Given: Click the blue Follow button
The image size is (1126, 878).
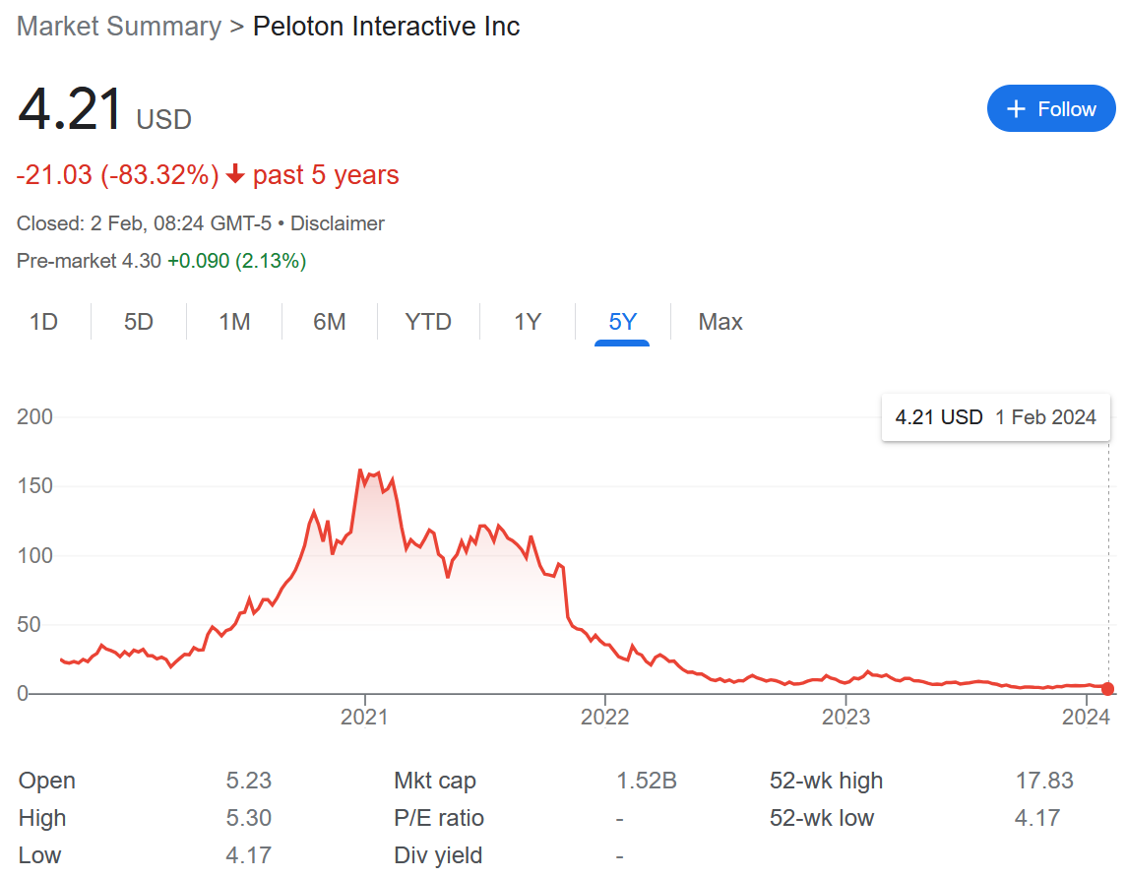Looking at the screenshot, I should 1051,108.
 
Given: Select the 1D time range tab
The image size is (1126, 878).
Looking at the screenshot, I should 43,322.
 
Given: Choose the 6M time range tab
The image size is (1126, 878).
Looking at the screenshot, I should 329,322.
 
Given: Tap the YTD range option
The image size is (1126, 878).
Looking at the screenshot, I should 428,322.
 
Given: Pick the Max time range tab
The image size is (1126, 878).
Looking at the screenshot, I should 719,322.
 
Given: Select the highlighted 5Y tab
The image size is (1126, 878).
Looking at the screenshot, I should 622,322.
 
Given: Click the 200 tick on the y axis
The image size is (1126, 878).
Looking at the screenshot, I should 34,417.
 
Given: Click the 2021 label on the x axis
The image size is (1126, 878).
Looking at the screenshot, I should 364,717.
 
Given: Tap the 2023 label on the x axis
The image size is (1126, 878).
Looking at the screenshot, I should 845,717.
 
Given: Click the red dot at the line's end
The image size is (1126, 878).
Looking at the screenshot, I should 1108,689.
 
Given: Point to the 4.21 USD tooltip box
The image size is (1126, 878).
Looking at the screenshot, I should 995,417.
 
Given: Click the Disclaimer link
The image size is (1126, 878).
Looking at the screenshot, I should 337,223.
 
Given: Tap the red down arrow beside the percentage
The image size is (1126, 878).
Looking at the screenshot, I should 235,175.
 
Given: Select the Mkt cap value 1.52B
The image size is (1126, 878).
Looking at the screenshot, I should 646,781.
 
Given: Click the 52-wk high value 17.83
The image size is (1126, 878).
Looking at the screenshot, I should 1044,781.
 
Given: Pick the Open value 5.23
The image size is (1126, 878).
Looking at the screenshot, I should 248,781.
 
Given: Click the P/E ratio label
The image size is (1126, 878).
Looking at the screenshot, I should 438,818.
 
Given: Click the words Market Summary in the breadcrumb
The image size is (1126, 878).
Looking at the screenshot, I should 118,27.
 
